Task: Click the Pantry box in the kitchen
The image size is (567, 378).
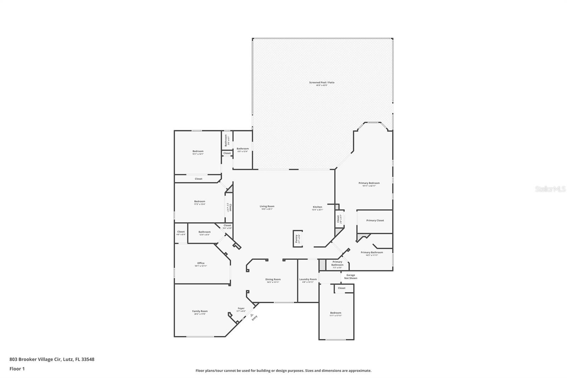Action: tap(297, 239)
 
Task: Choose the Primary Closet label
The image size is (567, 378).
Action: tap(375, 221)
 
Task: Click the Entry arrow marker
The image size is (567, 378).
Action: tap(252, 315)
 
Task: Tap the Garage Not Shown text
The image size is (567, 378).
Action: tap(350, 277)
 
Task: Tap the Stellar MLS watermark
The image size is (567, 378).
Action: tap(550, 189)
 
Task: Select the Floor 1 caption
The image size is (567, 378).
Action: tap(17, 369)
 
